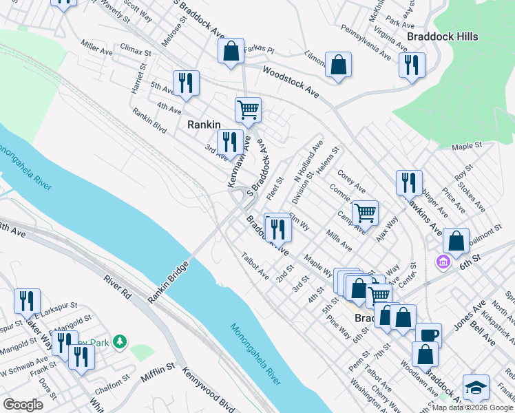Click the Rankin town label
tap(204, 125)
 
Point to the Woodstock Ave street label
tap(291, 81)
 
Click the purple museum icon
tap(442, 262)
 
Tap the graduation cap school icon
tap(476, 387)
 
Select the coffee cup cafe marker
tap(428, 335)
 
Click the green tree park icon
tap(120, 341)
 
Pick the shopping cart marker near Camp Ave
tap(364, 212)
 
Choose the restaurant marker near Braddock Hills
tap(411, 65)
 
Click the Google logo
tap(23, 405)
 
